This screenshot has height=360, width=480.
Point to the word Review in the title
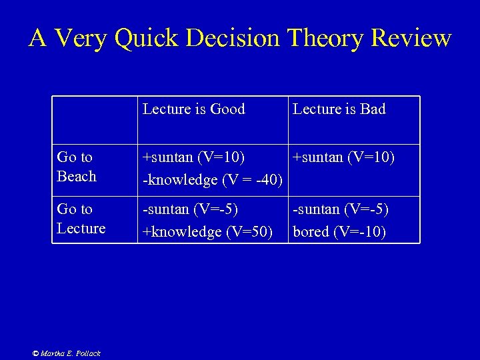coord(411,39)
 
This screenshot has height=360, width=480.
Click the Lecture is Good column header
coord(194,109)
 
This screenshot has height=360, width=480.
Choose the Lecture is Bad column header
coord(339,109)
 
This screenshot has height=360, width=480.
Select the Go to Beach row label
coord(76,167)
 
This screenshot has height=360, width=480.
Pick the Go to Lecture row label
coord(81,219)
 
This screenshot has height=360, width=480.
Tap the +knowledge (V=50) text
coord(208,232)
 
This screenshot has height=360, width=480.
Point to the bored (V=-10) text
coord(339,233)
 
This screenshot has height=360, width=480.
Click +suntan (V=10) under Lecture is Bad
coord(343,158)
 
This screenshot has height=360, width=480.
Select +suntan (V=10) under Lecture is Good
coord(193,158)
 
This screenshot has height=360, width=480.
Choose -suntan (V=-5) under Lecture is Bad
coord(341,210)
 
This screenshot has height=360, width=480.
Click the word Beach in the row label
coord(77,177)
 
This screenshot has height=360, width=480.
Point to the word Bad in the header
coord(373,109)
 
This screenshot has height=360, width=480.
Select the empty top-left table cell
coord(95,120)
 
